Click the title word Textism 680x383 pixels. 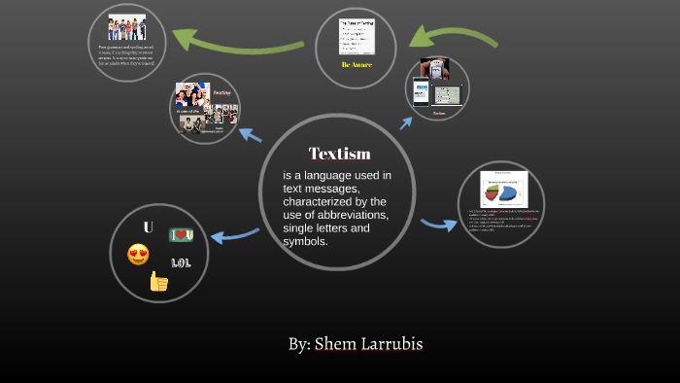(x=339, y=154)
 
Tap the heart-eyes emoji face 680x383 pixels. (x=138, y=256)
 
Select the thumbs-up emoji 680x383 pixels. (x=158, y=282)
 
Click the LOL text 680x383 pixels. (x=182, y=262)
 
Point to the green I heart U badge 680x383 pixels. (x=182, y=234)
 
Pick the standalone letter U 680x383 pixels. (x=148, y=227)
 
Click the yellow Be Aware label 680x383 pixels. (x=357, y=65)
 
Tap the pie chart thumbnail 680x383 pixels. (x=503, y=189)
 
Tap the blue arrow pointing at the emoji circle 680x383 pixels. (x=233, y=234)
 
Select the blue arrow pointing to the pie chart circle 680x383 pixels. (x=438, y=225)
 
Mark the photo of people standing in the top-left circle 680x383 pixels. (x=126, y=27)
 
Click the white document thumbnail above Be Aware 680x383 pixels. (x=357, y=37)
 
